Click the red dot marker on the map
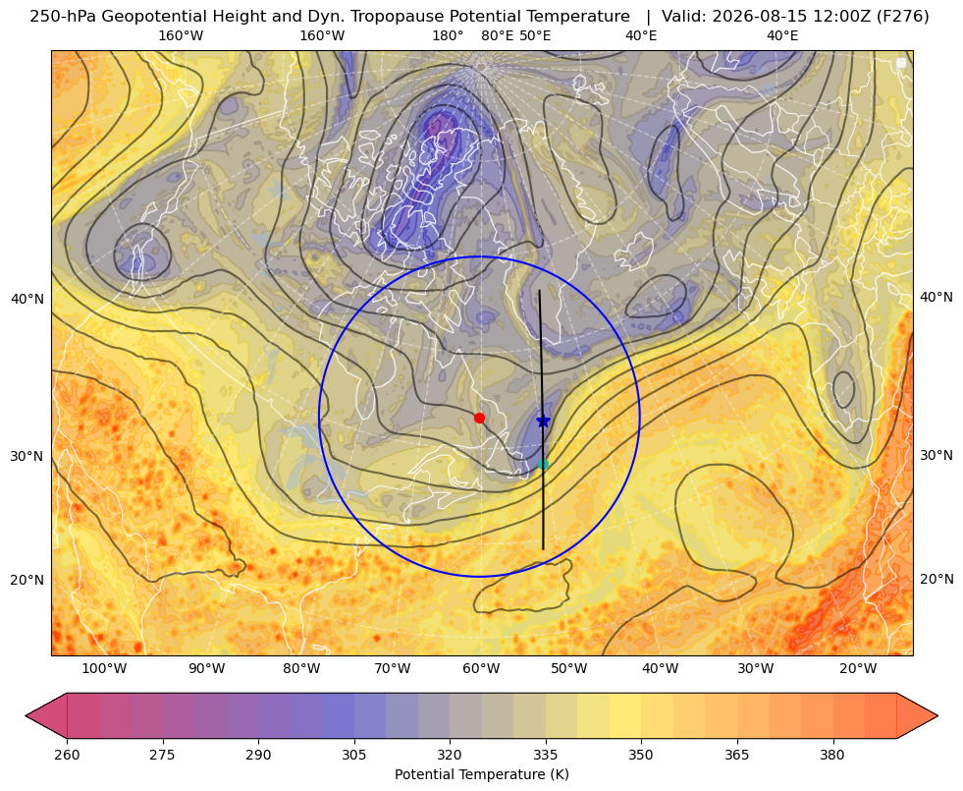click(479, 418)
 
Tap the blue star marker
click(543, 421)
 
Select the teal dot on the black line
click(543, 465)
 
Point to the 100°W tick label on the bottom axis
click(104, 669)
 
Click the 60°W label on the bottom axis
click(481, 669)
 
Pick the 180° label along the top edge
click(448, 35)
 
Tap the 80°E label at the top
click(497, 35)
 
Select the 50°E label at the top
click(535, 35)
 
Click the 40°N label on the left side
click(27, 299)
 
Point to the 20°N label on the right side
click(936, 579)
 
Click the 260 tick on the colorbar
click(67, 755)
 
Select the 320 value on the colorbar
click(450, 755)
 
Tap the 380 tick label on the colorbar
click(832, 755)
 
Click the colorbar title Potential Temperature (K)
click(481, 774)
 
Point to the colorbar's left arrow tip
click(26, 715)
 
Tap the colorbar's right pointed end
click(937, 715)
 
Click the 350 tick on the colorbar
click(641, 755)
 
